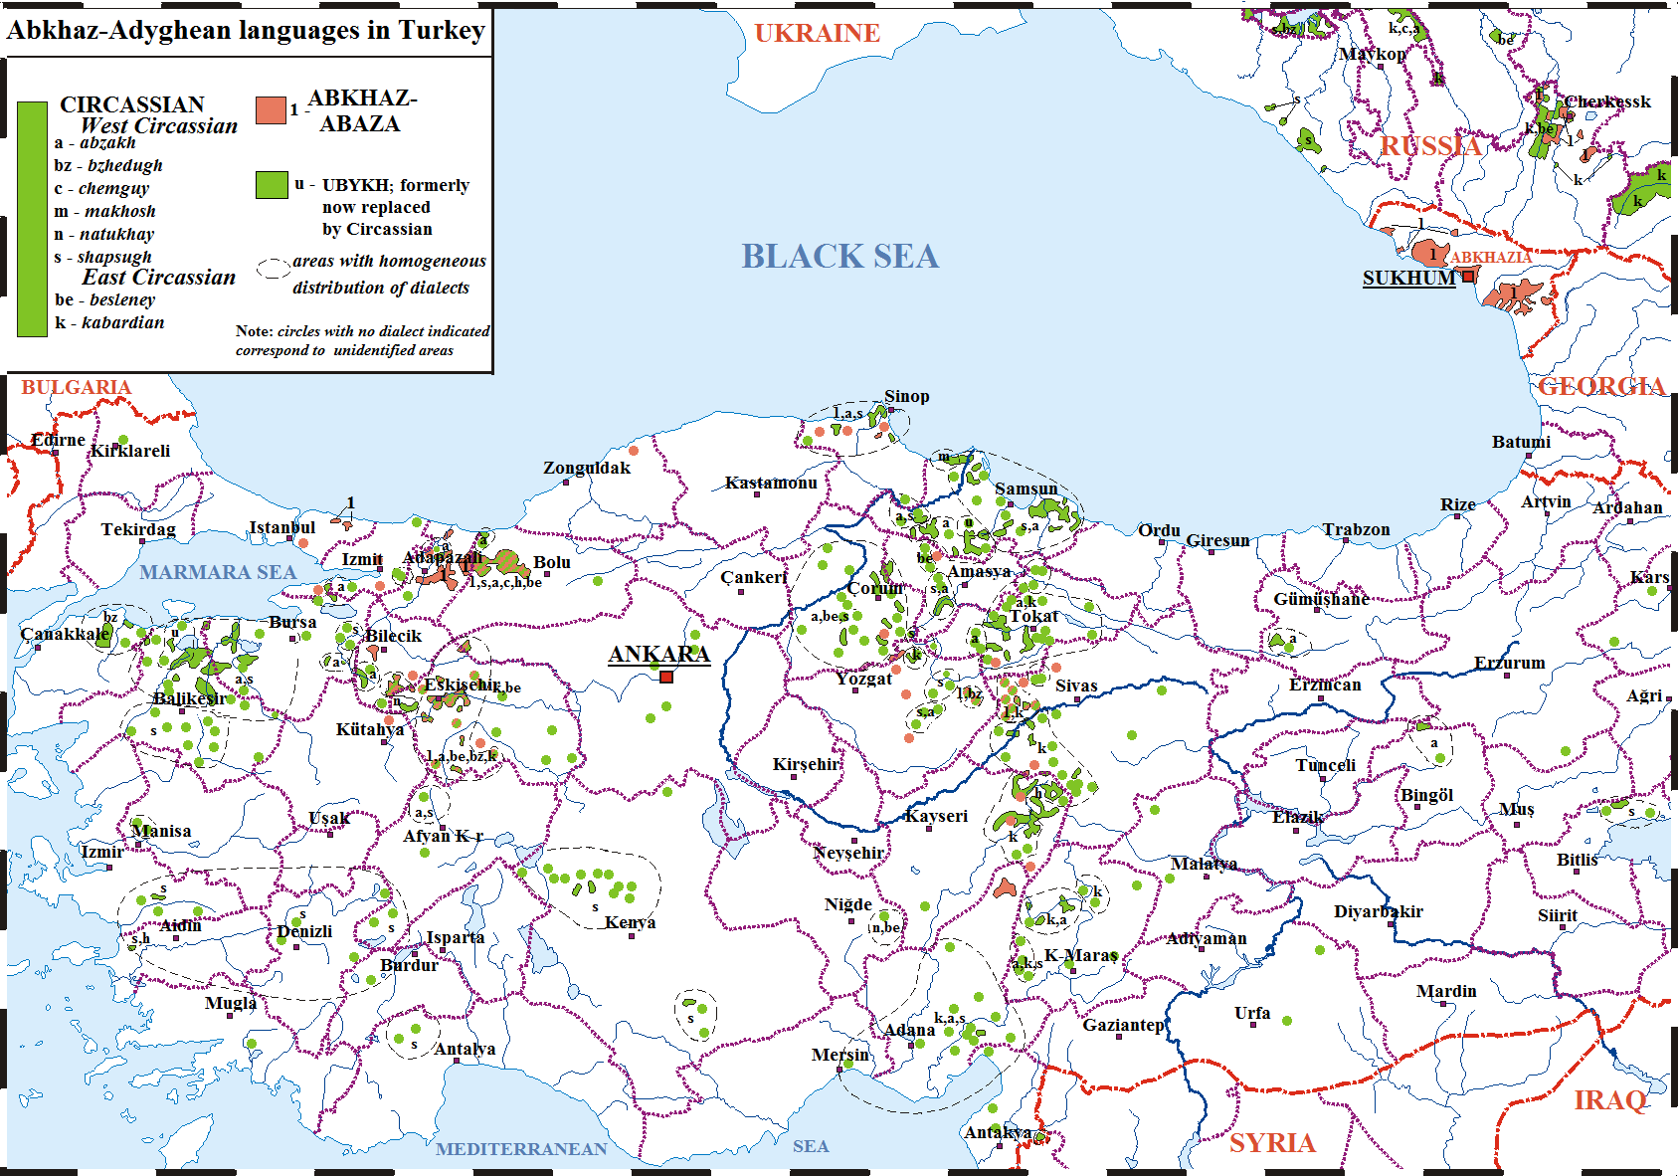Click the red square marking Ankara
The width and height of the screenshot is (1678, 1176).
click(x=666, y=677)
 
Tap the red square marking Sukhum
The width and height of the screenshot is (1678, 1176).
click(x=1468, y=277)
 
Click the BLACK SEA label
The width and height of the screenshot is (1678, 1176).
click(x=839, y=257)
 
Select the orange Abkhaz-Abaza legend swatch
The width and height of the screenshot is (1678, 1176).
click(x=271, y=110)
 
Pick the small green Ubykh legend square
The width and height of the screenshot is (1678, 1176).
click(x=272, y=185)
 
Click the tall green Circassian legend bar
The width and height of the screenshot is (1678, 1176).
click(x=33, y=219)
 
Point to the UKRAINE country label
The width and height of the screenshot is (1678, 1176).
click(x=817, y=33)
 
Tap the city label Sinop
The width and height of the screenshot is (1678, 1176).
click(x=906, y=396)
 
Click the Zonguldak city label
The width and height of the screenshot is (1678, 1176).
click(x=587, y=468)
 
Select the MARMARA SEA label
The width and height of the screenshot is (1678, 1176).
click(x=218, y=572)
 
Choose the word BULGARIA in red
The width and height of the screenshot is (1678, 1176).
click(x=77, y=387)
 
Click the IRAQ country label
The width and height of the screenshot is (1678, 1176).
click(x=1609, y=1100)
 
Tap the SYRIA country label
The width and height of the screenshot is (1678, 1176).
click(x=1272, y=1142)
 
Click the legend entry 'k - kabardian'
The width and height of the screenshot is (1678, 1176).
click(x=110, y=322)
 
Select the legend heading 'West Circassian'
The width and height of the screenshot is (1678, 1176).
click(x=159, y=126)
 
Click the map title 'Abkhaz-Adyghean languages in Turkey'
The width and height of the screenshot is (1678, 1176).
click(x=246, y=30)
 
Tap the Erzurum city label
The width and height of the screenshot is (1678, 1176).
click(x=1509, y=663)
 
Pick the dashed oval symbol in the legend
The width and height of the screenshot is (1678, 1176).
click(x=273, y=269)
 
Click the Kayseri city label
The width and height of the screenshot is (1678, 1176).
click(x=936, y=816)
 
